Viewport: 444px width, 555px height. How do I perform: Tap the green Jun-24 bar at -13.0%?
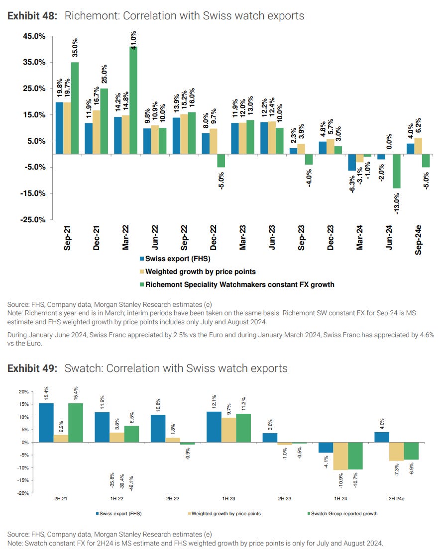pyautogui.click(x=396, y=171)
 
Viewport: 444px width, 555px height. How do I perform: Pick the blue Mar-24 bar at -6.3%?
pyautogui.click(x=351, y=163)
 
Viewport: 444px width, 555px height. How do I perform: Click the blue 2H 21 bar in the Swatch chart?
pyautogui.click(x=46, y=423)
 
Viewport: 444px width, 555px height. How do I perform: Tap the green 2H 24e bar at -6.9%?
pyautogui.click(x=411, y=451)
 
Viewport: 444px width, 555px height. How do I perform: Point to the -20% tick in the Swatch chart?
pyautogui.click(x=23, y=493)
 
